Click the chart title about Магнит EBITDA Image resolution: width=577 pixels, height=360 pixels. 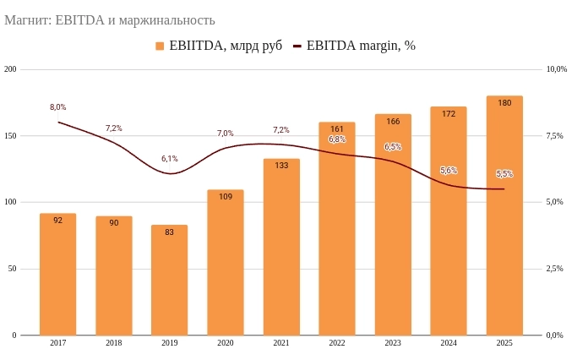110,19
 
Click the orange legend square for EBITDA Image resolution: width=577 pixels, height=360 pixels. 161,46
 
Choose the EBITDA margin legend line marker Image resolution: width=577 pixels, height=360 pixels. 297,46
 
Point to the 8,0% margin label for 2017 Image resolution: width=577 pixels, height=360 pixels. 57,107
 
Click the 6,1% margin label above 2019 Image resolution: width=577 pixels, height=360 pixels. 169,159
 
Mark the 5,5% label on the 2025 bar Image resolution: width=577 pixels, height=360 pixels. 504,174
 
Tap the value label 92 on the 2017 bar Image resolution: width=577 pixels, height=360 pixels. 57,221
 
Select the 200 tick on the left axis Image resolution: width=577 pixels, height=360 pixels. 11,69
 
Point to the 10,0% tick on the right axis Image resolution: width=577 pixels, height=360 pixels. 557,69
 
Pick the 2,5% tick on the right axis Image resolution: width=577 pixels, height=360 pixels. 555,269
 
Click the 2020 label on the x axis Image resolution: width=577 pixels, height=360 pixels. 226,343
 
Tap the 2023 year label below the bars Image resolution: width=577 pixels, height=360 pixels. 393,343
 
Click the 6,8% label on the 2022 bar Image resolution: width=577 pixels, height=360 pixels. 337,139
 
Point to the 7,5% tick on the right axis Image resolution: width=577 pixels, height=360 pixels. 555,136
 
